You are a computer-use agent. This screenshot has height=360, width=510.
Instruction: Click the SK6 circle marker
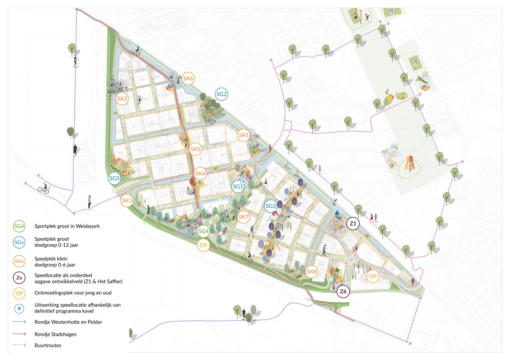point(188,78)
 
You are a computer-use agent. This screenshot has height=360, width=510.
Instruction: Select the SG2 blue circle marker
point(221,94)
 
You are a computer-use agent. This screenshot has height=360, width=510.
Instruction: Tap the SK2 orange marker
point(122,98)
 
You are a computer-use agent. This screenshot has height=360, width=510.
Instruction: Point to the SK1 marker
point(243,135)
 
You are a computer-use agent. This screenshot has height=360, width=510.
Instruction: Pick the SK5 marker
point(195,149)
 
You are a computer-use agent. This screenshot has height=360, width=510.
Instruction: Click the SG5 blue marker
point(114,178)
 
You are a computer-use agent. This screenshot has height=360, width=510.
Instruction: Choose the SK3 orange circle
point(127,200)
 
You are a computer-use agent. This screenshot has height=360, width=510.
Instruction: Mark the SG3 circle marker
point(271,206)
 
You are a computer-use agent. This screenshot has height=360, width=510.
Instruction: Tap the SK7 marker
point(243,217)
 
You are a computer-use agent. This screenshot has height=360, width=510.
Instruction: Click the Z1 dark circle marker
point(353,223)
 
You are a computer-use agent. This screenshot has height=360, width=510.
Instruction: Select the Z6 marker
point(343,291)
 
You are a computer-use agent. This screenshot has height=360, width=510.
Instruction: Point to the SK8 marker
point(312,272)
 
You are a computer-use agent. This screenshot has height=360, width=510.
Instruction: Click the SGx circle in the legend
point(19,242)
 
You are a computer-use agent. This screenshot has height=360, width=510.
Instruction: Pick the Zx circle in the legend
point(19,278)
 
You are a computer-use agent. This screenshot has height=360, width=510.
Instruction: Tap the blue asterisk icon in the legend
point(19,308)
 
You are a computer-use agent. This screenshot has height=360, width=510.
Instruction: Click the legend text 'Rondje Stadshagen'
point(56,334)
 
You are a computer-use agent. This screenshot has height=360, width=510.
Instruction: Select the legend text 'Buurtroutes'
point(48,345)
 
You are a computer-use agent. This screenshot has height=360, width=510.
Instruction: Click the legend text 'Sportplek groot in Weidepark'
point(67,226)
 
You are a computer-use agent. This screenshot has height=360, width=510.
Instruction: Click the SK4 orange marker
point(200,174)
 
